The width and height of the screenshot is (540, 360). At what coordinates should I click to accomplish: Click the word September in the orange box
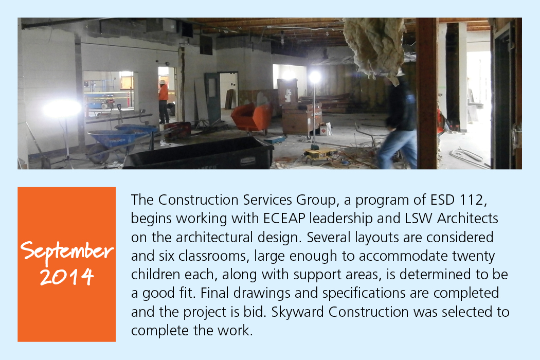[67, 251]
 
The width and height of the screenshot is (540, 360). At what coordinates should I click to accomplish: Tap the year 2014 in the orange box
[67, 276]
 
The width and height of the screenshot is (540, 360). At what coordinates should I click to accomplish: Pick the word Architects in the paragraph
[467, 219]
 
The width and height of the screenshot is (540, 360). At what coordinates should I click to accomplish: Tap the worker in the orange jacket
[163, 102]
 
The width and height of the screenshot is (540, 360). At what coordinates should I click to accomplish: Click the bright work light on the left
[62, 109]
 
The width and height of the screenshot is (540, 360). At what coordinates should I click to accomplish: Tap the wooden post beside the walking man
[426, 94]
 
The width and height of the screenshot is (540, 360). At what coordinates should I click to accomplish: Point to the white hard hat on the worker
[162, 82]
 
